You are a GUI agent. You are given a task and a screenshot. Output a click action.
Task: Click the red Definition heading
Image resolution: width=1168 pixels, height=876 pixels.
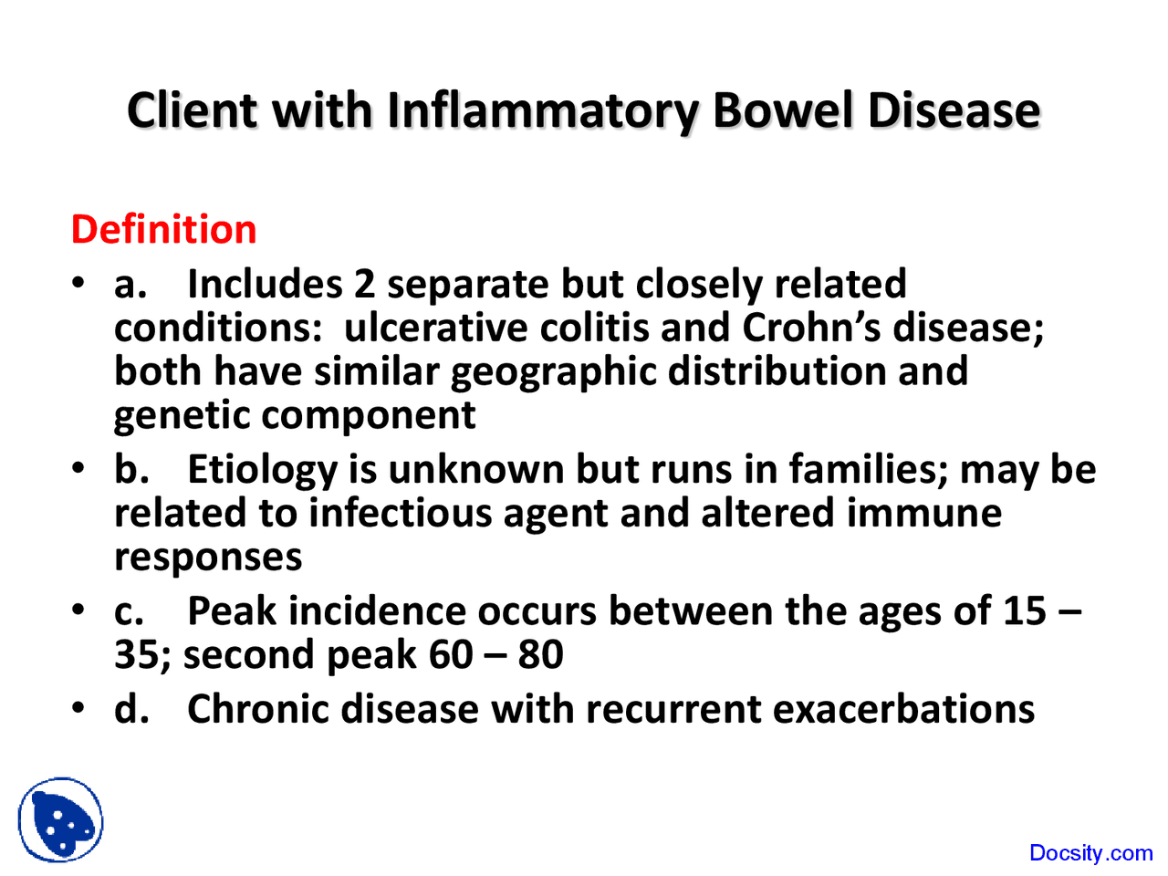pyautogui.click(x=163, y=229)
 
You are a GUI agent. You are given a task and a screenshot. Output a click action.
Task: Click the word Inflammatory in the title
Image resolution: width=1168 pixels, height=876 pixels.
pyautogui.click(x=543, y=111)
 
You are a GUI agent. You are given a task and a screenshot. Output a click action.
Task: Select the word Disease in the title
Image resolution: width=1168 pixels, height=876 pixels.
pyautogui.click(x=954, y=111)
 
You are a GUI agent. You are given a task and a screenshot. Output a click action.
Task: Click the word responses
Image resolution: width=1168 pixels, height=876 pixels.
pyautogui.click(x=207, y=557)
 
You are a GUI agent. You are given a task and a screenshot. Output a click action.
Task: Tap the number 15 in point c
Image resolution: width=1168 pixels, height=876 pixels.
pyautogui.click(x=1024, y=611)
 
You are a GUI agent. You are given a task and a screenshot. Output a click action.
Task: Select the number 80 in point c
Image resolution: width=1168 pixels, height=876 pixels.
pyautogui.click(x=540, y=655)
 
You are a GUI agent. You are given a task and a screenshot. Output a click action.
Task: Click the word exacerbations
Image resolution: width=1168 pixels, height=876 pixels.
pyautogui.click(x=903, y=709)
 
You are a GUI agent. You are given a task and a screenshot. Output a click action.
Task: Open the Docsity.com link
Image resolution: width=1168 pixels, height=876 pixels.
pyautogui.click(x=1090, y=853)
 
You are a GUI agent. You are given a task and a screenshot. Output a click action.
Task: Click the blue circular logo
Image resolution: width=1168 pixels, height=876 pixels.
pyautogui.click(x=60, y=820)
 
